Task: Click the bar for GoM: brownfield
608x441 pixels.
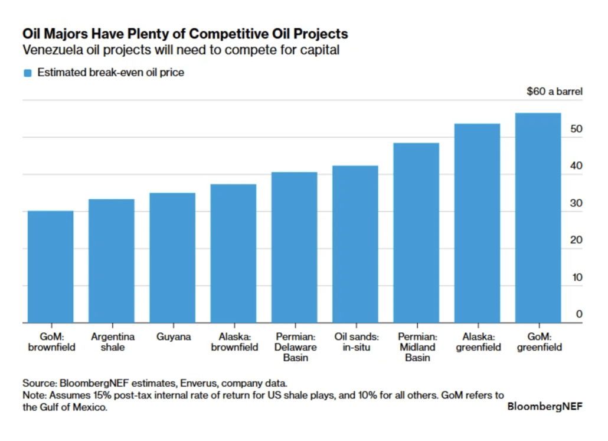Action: coord(51,267)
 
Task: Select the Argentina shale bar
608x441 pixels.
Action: coord(112,261)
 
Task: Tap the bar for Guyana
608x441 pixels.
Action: coord(172,258)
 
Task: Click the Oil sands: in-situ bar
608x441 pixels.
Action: coord(355,244)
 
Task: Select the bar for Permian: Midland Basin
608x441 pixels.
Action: coord(416,233)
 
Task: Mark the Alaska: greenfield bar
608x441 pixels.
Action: coord(477,223)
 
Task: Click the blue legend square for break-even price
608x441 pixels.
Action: coord(27,73)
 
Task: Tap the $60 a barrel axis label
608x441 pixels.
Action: coord(554,92)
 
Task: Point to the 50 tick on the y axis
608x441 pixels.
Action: coord(576,129)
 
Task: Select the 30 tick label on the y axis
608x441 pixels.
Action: coord(576,203)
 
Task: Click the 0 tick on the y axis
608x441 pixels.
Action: coord(579,314)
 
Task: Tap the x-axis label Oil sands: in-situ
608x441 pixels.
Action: coord(355,342)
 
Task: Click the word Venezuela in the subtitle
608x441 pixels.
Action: coord(51,50)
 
